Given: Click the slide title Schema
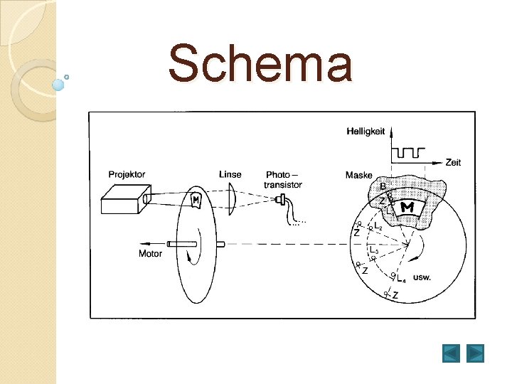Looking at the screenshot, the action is pyautogui.click(x=260, y=63).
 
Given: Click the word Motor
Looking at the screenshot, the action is pyautogui.click(x=150, y=253).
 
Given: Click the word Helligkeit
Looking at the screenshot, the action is pyautogui.click(x=366, y=132).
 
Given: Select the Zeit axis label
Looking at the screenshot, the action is pyautogui.click(x=452, y=162).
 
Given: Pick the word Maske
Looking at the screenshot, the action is pyautogui.click(x=359, y=175).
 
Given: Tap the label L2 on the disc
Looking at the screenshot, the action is pyautogui.click(x=378, y=227).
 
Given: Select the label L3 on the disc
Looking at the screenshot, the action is pyautogui.click(x=373, y=251).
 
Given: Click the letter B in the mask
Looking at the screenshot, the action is pyautogui.click(x=382, y=186).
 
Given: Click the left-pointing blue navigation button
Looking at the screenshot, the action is pyautogui.click(x=451, y=353).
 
